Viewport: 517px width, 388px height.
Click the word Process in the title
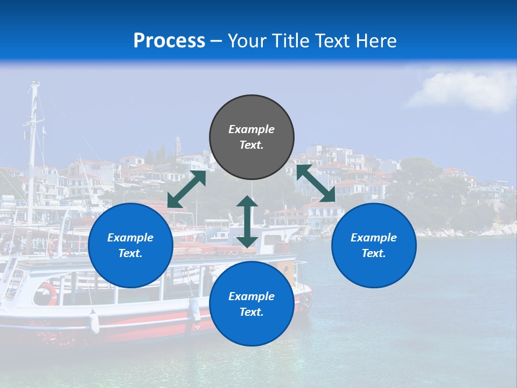click(169, 41)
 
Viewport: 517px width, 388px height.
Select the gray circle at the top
click(251, 137)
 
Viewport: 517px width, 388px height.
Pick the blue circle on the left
click(130, 245)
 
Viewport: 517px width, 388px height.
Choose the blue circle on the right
click(374, 245)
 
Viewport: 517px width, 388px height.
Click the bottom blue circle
click(251, 303)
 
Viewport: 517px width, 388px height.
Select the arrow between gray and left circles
click(186, 189)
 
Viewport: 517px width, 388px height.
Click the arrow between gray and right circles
click(316, 184)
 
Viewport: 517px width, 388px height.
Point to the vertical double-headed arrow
click(247, 221)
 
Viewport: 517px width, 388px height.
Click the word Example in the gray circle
click(251, 129)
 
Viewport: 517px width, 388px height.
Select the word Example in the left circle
click(130, 238)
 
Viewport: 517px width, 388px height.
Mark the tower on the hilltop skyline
click(178, 146)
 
